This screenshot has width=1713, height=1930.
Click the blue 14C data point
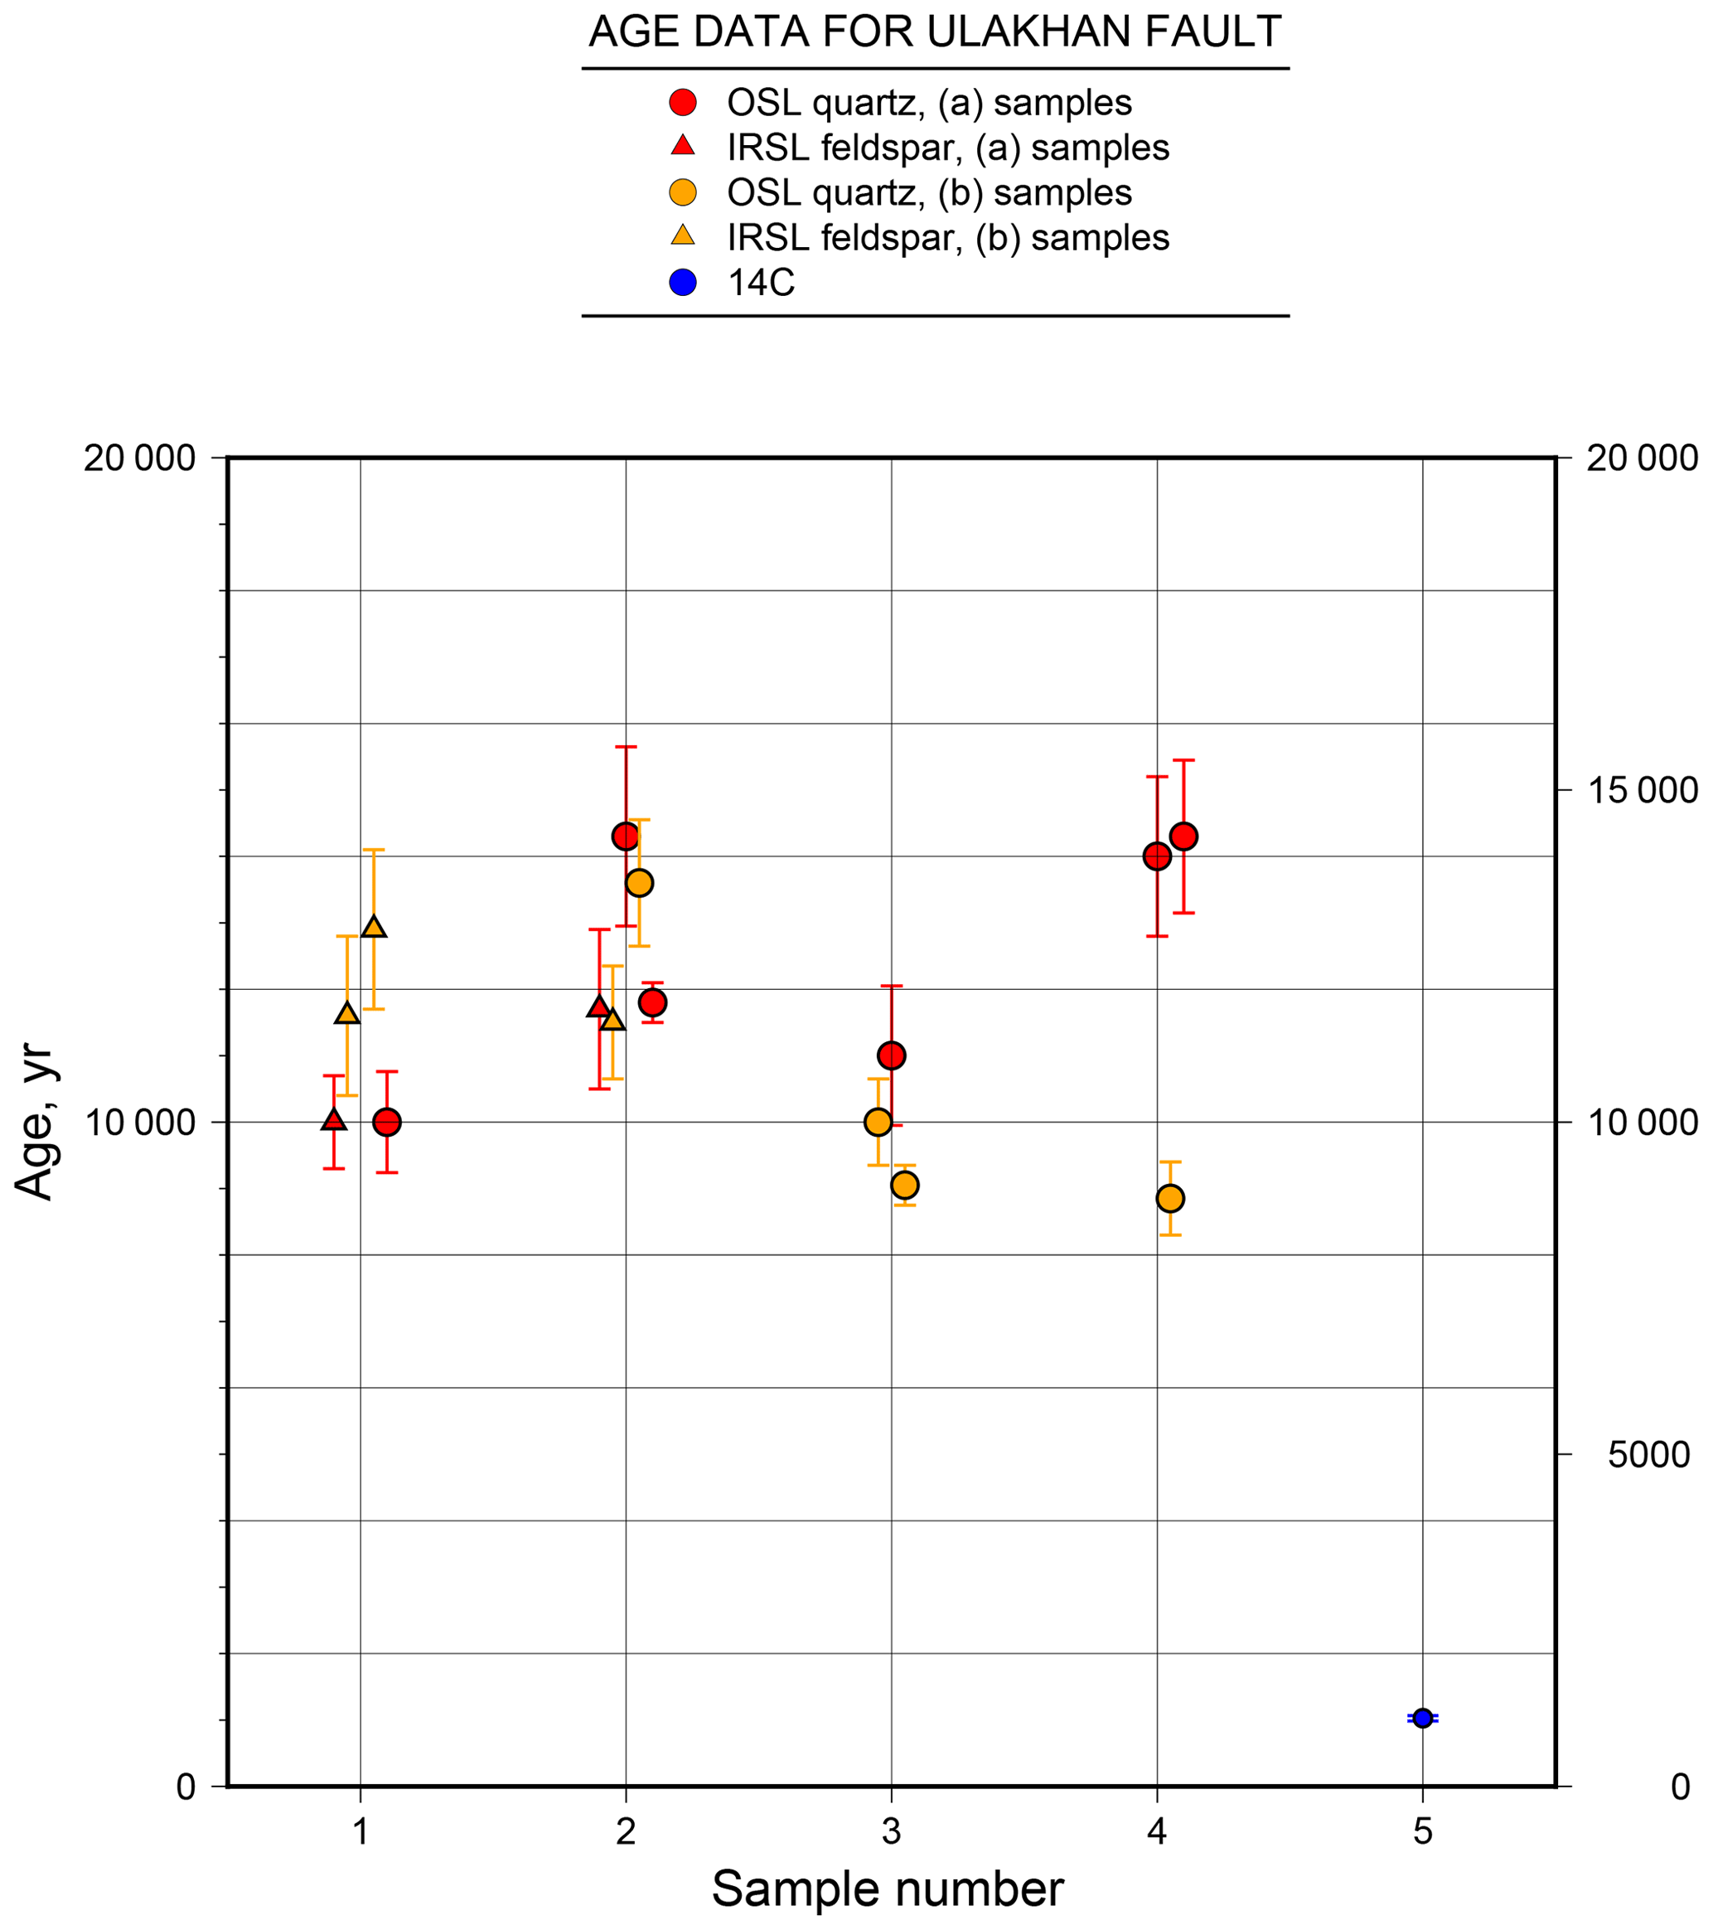pos(1422,1718)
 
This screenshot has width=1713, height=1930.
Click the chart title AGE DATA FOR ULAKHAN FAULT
pos(934,32)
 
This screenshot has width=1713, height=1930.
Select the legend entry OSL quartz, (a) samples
pos(929,102)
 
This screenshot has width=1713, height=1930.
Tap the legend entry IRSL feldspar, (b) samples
pos(947,237)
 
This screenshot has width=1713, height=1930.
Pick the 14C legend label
pos(761,283)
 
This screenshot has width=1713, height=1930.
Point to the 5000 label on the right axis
pos(1648,1455)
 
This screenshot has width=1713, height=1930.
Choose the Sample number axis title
pos(888,1889)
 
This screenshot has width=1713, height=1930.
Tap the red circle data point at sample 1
pos(387,1123)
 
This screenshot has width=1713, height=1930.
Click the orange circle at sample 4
pos(1170,1198)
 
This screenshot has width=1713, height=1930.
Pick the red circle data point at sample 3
pos(891,1055)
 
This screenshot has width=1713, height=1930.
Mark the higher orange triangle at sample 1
pos(374,927)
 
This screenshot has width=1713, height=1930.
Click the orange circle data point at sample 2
pos(639,883)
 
